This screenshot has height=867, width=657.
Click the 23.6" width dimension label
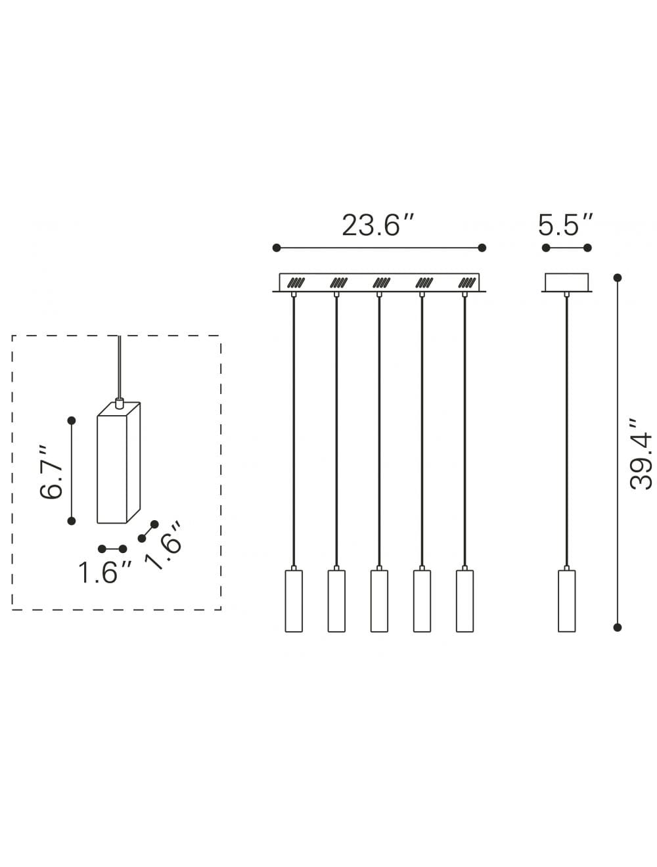click(x=378, y=225)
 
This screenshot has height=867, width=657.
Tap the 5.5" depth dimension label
click(x=566, y=225)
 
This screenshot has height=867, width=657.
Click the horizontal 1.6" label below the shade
click(x=106, y=572)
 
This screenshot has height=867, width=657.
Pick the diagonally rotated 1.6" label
click(x=164, y=546)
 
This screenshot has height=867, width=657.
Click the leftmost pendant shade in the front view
click(x=294, y=601)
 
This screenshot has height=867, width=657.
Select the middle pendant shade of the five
click(x=379, y=601)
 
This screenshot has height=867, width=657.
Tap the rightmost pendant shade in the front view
click(x=464, y=601)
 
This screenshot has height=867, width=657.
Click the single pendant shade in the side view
click(x=566, y=601)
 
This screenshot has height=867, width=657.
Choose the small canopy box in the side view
click(x=566, y=282)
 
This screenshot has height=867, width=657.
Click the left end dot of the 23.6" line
click(x=277, y=248)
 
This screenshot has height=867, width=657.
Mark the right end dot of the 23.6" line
click(x=482, y=248)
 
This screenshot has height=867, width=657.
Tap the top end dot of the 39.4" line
click(x=617, y=277)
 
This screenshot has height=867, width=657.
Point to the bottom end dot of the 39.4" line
click(x=617, y=627)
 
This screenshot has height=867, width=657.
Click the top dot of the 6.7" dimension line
click(x=72, y=420)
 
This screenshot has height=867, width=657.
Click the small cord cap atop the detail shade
click(x=119, y=402)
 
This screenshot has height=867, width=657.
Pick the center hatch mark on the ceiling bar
click(x=381, y=283)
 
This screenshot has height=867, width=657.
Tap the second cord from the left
click(x=336, y=427)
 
